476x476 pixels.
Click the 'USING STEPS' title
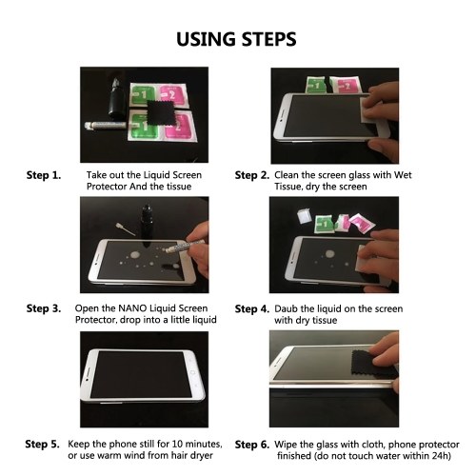tap(236, 39)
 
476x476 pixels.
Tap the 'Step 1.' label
tap(44, 175)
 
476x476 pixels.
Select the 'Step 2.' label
tap(252, 175)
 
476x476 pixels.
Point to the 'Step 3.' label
tap(44, 308)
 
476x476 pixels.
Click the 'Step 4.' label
tap(252, 309)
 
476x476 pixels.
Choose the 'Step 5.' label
tap(42, 445)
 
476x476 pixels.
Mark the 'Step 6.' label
tap(252, 445)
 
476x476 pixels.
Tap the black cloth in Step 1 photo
tap(161, 112)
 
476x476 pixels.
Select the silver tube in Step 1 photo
tap(106, 125)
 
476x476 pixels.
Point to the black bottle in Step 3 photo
tap(147, 225)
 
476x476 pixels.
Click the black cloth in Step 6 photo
tap(368, 365)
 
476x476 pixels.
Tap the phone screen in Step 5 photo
tap(141, 374)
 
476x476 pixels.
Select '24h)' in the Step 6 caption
tap(442, 456)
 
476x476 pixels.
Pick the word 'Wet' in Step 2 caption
tap(403, 175)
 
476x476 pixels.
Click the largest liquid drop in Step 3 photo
tap(135, 255)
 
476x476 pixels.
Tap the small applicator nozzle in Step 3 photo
tap(126, 229)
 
